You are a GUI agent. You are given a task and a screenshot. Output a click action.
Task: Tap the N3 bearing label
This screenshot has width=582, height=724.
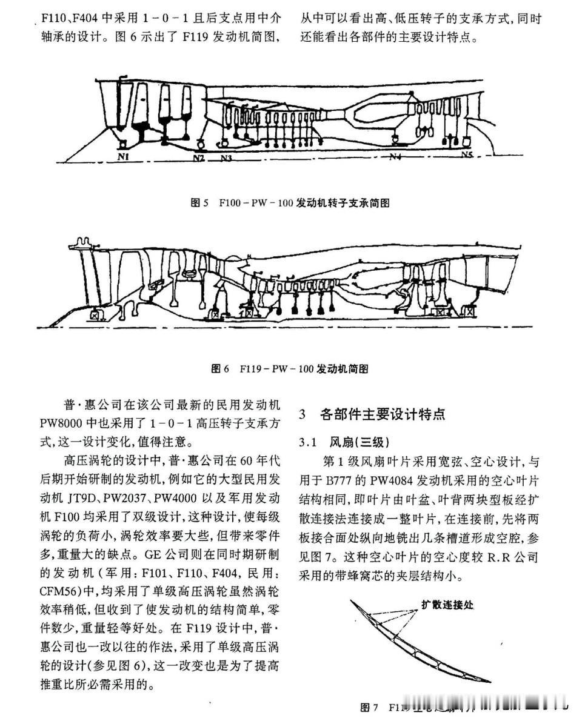(226, 158)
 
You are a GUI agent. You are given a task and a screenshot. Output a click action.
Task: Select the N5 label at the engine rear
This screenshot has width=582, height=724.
(466, 156)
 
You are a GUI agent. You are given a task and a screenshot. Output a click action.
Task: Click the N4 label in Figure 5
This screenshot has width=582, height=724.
(396, 157)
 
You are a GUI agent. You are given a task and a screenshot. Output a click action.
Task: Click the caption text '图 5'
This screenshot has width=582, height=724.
(200, 203)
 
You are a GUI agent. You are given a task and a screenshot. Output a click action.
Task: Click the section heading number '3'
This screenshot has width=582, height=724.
(303, 414)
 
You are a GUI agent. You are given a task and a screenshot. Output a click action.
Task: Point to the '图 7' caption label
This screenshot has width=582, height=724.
(370, 707)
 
